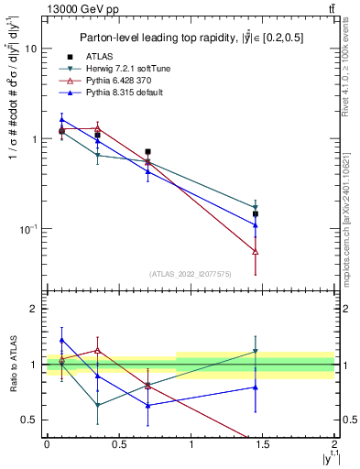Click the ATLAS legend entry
click(111, 58)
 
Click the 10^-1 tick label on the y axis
click(27, 228)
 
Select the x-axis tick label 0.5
click(118, 443)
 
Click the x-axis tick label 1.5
click(263, 443)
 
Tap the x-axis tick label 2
click(335, 443)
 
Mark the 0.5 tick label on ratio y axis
click(31, 420)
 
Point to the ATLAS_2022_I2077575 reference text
click(190, 273)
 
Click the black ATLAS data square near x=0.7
click(147, 152)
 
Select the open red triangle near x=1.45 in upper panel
click(256, 251)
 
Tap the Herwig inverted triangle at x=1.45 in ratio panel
click(256, 351)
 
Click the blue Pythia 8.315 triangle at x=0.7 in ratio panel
click(147, 404)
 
